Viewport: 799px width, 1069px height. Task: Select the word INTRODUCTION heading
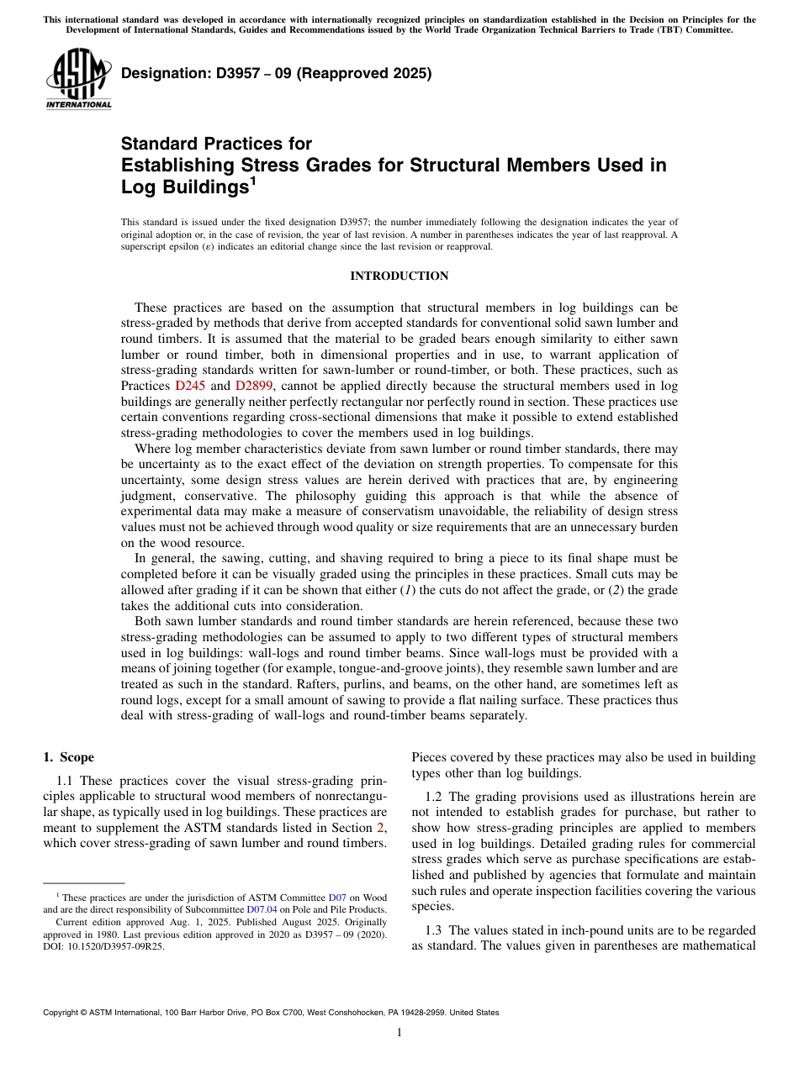click(x=399, y=276)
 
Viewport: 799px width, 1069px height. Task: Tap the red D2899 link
click(x=253, y=386)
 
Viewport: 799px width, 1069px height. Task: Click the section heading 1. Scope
click(x=69, y=757)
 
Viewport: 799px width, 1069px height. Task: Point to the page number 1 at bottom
click(x=399, y=1034)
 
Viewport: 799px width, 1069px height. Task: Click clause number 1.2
click(x=434, y=796)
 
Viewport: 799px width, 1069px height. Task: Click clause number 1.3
click(x=434, y=930)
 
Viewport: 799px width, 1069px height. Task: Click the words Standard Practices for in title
click(x=216, y=145)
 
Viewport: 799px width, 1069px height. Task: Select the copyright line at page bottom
click(x=270, y=1013)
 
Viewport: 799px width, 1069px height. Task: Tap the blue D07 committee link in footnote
click(x=336, y=898)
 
